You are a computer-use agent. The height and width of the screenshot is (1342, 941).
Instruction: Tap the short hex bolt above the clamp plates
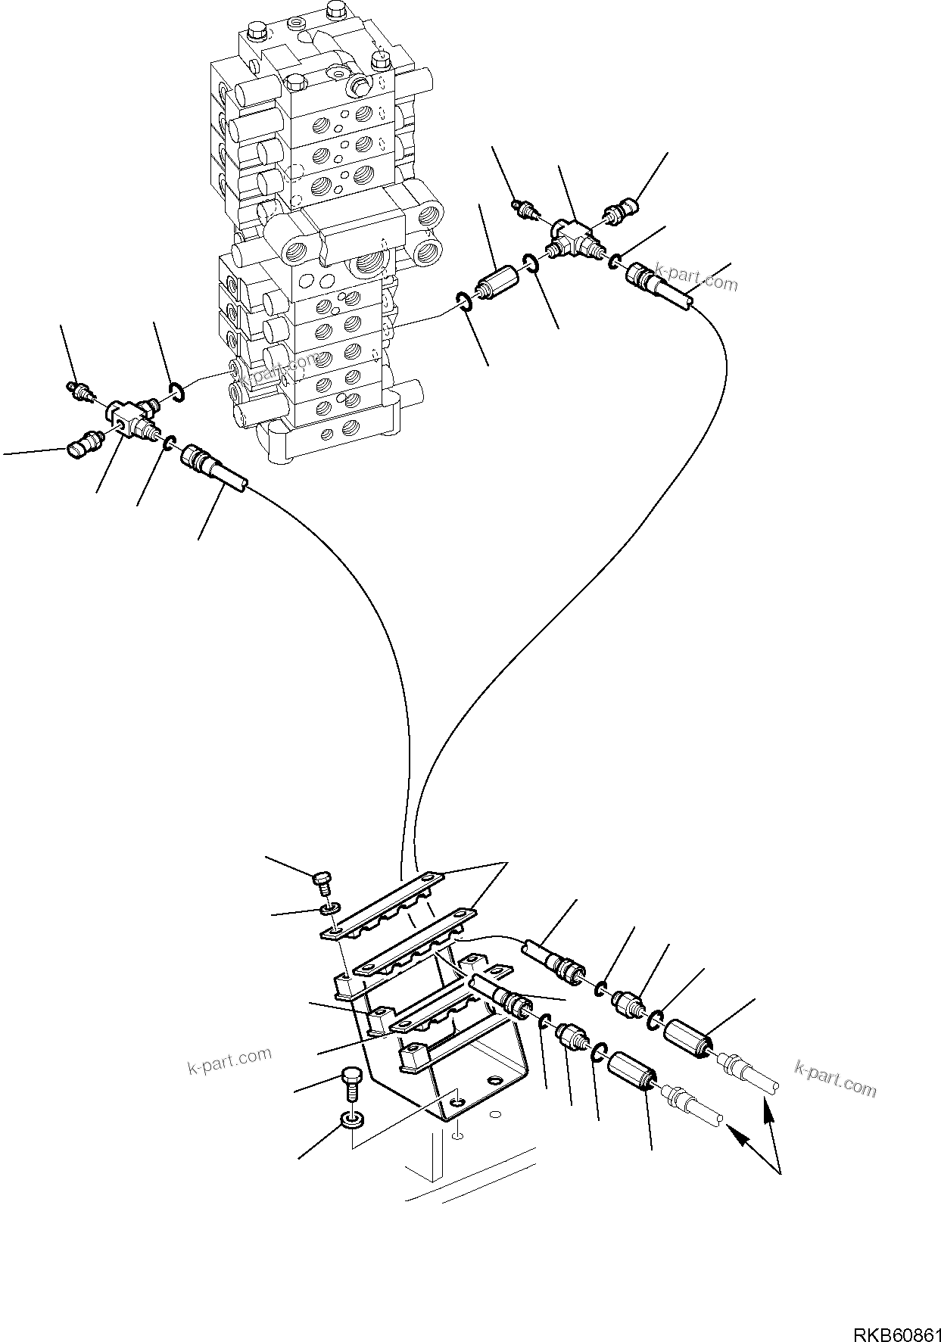(321, 879)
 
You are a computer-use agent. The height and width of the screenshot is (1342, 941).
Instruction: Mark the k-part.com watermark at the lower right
(836, 1078)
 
